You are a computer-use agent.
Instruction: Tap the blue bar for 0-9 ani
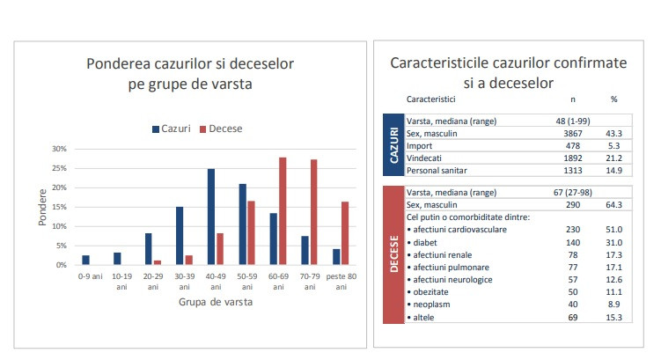(85, 260)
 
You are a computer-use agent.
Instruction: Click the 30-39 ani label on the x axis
(185, 281)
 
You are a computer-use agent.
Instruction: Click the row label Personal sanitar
(437, 170)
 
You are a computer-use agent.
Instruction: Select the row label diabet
(426, 241)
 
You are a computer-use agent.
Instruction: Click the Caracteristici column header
(432, 99)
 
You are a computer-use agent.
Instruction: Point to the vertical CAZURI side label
(393, 144)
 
